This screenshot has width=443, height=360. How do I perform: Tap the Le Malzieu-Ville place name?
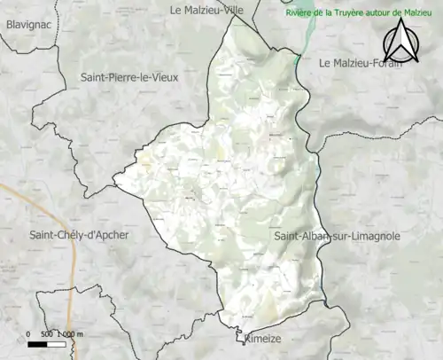[x=206, y=10]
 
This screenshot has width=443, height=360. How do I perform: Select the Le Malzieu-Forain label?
[x=361, y=63]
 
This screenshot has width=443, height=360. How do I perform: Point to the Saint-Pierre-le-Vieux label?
[x=129, y=77]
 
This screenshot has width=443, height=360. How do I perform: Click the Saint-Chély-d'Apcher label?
[x=80, y=235]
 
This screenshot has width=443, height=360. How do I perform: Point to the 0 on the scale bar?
[x=30, y=333]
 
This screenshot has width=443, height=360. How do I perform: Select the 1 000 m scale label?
[x=71, y=333]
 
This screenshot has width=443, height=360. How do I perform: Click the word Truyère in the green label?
[x=356, y=14]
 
